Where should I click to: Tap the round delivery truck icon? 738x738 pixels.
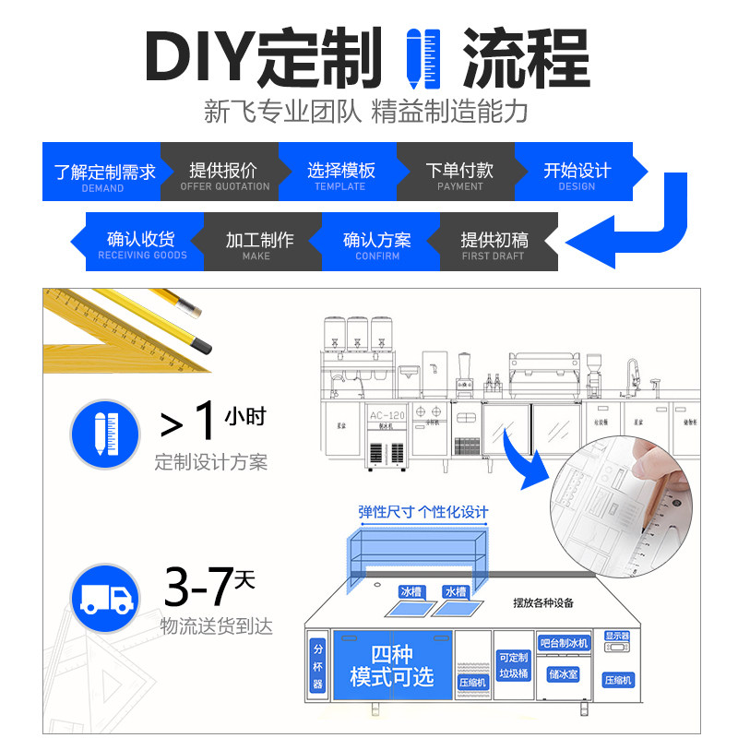coord(105,599)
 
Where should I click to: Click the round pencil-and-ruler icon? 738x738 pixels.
coord(105,431)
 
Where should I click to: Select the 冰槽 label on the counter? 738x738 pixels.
coord(411,591)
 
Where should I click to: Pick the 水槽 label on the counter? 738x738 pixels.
coord(454,591)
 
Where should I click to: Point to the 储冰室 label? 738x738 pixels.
coord(563,675)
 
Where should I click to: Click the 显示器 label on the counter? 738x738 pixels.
coord(616,637)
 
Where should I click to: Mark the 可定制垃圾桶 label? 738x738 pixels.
coord(513,666)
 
